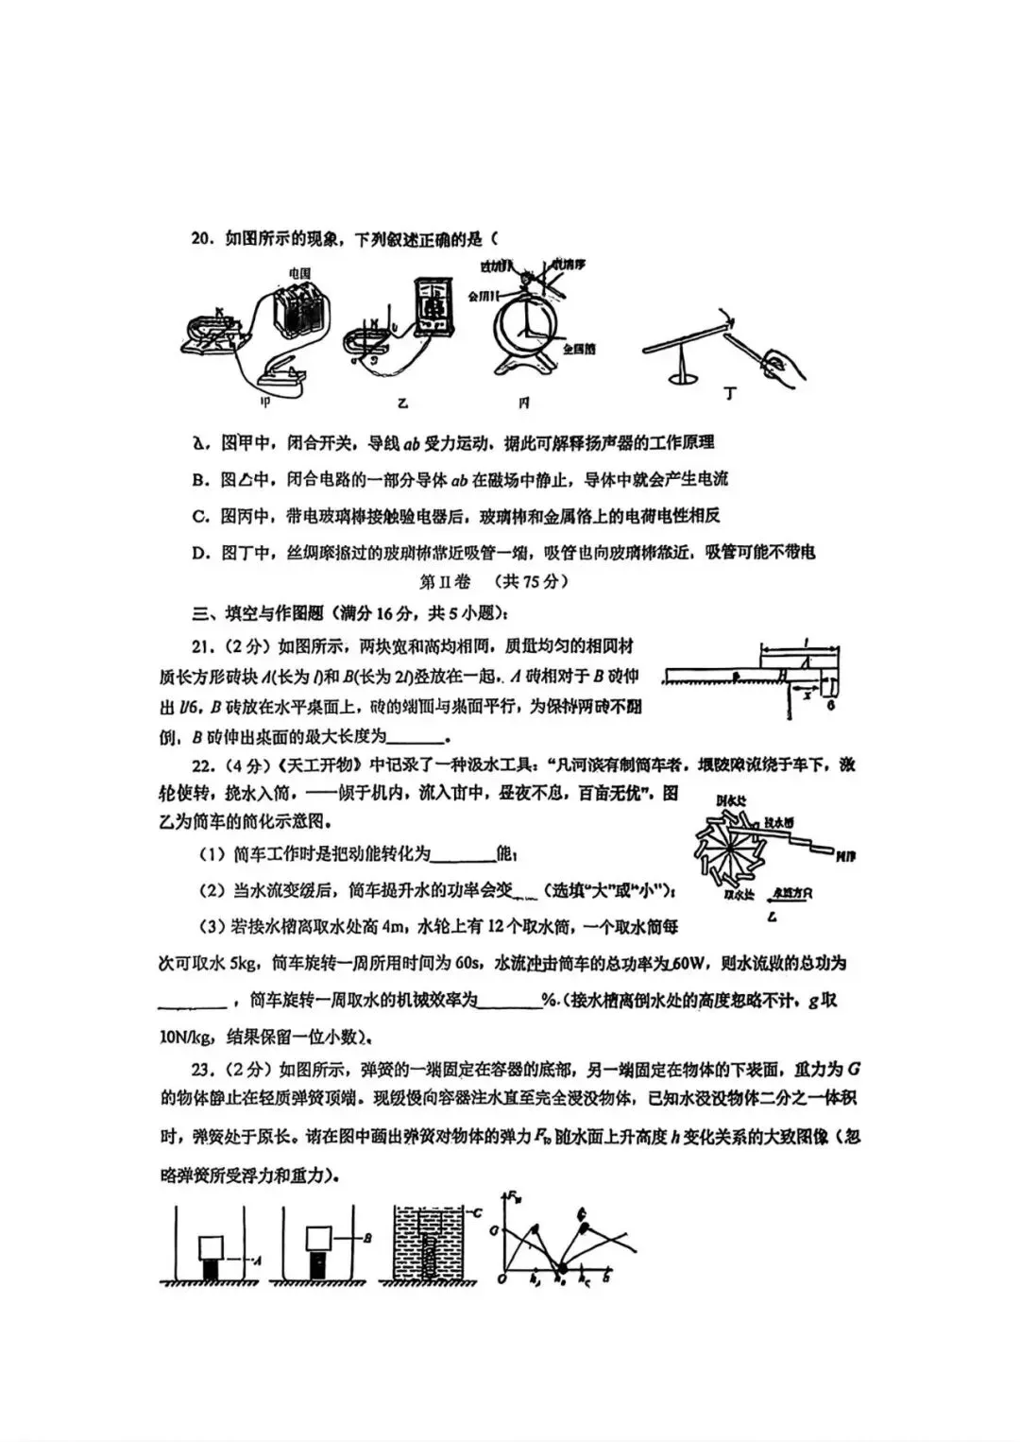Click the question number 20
coord(204,237)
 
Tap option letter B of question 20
coord(199,479)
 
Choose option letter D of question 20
coord(199,552)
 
